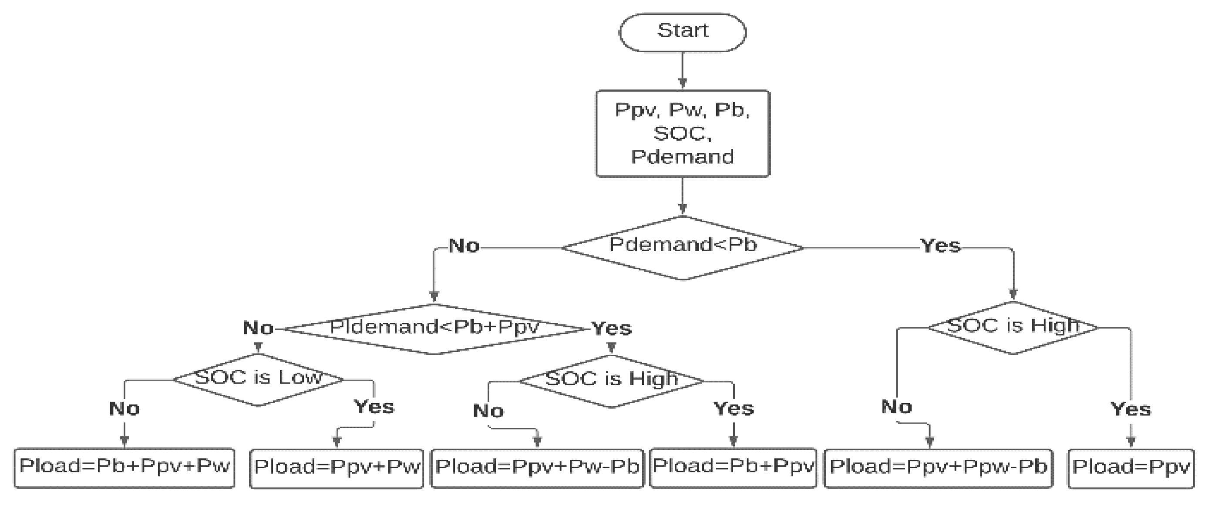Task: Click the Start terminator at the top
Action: coord(682,32)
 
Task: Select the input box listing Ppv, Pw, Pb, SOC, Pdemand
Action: coord(682,133)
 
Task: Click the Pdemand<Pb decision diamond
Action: coord(682,247)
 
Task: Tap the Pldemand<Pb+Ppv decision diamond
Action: coord(434,329)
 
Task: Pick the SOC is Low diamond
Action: coord(258,379)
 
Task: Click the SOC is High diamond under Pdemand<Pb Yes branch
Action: coord(1013,327)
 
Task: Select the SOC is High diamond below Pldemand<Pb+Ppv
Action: coord(611,380)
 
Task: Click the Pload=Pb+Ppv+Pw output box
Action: coord(124,468)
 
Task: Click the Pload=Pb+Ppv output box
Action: coord(733,468)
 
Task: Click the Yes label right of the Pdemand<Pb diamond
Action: coord(940,246)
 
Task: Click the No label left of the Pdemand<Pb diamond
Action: coord(464,246)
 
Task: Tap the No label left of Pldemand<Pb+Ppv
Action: coord(258,328)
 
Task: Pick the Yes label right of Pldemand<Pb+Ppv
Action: coord(611,328)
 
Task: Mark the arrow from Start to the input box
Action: coord(682,70)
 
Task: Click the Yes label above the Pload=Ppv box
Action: coord(1130,409)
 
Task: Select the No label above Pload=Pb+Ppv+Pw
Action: coord(124,409)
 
